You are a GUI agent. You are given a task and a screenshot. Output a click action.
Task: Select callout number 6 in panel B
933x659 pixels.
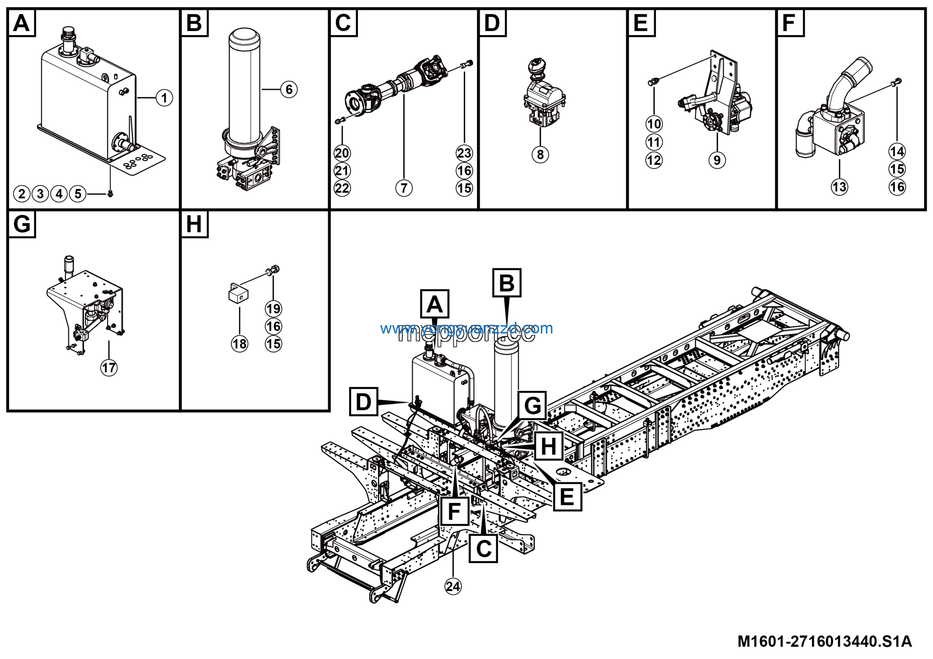click(x=289, y=89)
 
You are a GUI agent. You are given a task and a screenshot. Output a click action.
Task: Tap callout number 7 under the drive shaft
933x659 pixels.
click(x=403, y=188)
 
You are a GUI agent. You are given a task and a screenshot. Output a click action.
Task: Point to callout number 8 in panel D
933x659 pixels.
click(x=540, y=155)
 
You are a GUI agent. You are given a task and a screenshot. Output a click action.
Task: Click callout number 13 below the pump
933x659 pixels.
click(x=839, y=187)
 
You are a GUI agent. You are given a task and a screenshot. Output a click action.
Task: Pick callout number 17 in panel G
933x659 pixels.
click(x=109, y=368)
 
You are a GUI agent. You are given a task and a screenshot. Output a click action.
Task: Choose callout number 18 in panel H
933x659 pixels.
click(x=239, y=344)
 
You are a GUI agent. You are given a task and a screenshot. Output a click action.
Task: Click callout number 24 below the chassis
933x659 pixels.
click(x=453, y=586)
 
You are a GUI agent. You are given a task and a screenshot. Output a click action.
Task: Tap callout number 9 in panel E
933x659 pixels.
click(x=717, y=160)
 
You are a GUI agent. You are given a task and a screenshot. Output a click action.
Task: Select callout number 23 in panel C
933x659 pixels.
click(x=464, y=153)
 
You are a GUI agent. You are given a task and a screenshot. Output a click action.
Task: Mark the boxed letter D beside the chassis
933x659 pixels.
click(x=364, y=402)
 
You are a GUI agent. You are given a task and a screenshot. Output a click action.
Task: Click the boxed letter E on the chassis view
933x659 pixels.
click(x=567, y=497)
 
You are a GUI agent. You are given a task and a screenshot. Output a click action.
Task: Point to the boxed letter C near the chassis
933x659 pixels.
click(x=483, y=549)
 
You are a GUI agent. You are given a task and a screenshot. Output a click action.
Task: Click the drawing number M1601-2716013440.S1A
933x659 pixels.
click(x=824, y=641)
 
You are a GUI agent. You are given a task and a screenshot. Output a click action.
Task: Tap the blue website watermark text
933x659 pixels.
click(x=466, y=328)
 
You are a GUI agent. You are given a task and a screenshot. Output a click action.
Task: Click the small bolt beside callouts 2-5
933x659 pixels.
click(x=110, y=194)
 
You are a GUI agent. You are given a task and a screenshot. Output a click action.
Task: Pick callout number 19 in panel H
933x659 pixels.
click(x=273, y=309)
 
